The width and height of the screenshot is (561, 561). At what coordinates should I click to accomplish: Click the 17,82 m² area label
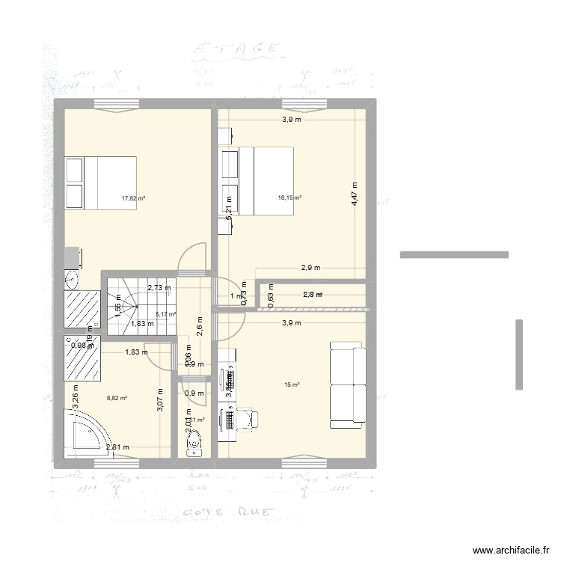pyautogui.click(x=133, y=199)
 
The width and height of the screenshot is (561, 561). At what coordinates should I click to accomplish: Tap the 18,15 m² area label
pyautogui.click(x=289, y=197)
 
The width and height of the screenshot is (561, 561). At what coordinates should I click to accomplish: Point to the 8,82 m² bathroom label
pyautogui.click(x=117, y=399)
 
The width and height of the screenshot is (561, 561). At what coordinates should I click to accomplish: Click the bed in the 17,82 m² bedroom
pyautogui.click(x=100, y=182)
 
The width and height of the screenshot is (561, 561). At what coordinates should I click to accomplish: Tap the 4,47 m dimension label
pyautogui.click(x=355, y=194)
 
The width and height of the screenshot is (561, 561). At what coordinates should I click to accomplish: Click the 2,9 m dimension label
pyautogui.click(x=310, y=267)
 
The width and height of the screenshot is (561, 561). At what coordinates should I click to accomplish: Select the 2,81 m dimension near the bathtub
pyautogui.click(x=118, y=447)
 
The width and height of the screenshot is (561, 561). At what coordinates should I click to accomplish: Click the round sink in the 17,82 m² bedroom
pyautogui.click(x=72, y=280)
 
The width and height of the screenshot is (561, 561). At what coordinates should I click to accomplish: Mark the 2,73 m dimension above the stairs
pyautogui.click(x=159, y=287)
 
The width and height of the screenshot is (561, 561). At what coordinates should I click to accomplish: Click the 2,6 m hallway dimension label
pyautogui.click(x=200, y=326)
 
